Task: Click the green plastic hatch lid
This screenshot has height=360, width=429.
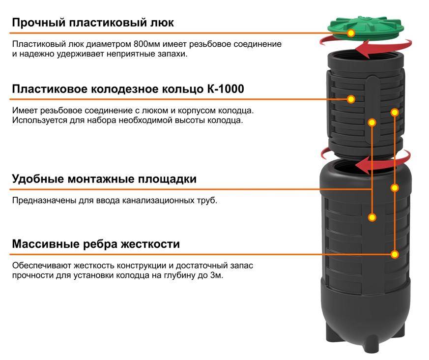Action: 366,28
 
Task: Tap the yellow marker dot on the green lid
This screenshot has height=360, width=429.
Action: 351,33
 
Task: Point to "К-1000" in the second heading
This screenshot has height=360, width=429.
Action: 226,89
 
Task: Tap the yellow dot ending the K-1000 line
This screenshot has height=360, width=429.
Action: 351,99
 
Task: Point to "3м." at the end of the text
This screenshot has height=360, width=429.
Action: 217,275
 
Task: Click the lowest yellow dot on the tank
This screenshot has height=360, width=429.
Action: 394,255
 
